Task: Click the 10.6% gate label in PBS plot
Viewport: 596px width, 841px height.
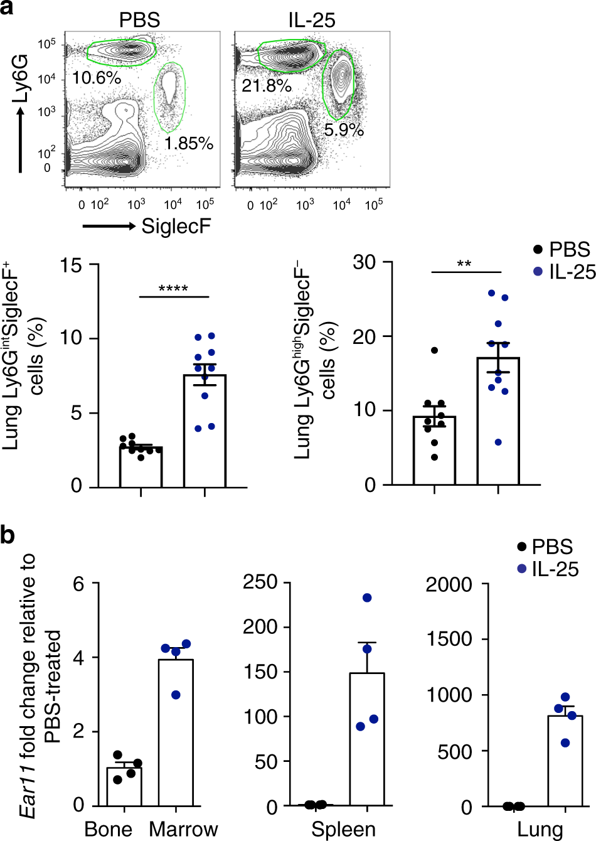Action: coord(96,78)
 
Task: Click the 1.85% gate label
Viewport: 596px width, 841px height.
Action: coord(189,143)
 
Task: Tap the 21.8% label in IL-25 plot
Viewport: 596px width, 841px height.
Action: coord(267,85)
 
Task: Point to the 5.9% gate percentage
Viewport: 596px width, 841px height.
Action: coord(344,130)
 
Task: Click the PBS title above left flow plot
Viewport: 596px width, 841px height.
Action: coord(139,20)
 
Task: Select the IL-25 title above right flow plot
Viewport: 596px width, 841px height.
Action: coord(312,20)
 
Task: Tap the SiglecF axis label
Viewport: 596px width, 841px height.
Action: coord(176,226)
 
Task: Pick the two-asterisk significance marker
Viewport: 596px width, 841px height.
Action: coord(464,264)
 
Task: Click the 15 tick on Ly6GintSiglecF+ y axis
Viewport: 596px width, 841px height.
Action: coord(71,265)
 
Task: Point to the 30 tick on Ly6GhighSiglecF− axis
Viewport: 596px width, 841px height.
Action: coord(364,262)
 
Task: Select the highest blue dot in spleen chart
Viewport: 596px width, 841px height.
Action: coord(367,597)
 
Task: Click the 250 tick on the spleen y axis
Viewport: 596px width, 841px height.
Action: coord(260,582)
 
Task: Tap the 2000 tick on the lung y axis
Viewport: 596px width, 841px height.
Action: coord(449,585)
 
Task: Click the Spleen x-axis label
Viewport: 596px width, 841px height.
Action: coord(344,829)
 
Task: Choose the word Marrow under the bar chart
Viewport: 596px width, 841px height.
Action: coord(183,829)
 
